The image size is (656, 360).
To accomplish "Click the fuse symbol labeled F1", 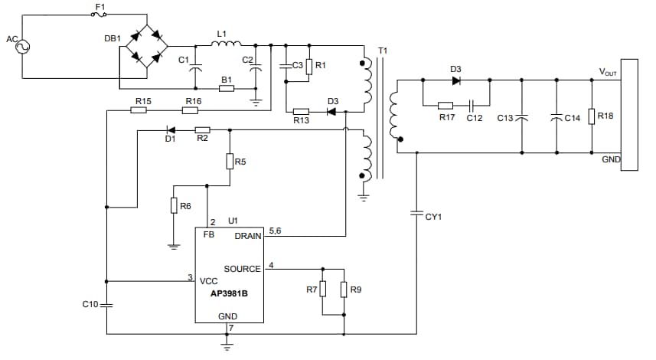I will coord(100,14).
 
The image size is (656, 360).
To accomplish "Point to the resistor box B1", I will coord(226,89).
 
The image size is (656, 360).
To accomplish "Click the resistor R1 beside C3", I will coord(308,66).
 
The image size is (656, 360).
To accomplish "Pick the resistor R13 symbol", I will coord(301,111).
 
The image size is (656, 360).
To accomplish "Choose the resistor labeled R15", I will coord(139,110).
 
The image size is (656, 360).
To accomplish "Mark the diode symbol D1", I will coord(170,130).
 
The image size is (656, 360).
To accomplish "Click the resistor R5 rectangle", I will coord(230,161).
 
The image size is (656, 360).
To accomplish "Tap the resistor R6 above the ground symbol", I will coord(174,205).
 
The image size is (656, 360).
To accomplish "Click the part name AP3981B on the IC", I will coord(227,292).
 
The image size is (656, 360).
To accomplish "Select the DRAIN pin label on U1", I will coord(248,236).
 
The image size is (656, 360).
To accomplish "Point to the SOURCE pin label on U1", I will coord(243,269).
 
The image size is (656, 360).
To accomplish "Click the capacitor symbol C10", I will coord(106,305).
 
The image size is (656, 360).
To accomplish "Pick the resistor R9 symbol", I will coord(343,290).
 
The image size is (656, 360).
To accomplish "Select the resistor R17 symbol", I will coord(445,105).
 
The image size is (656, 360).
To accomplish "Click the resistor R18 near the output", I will coord(591,116).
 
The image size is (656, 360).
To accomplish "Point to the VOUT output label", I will coord(609,71).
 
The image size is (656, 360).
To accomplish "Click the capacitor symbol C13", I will coord(521,118).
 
